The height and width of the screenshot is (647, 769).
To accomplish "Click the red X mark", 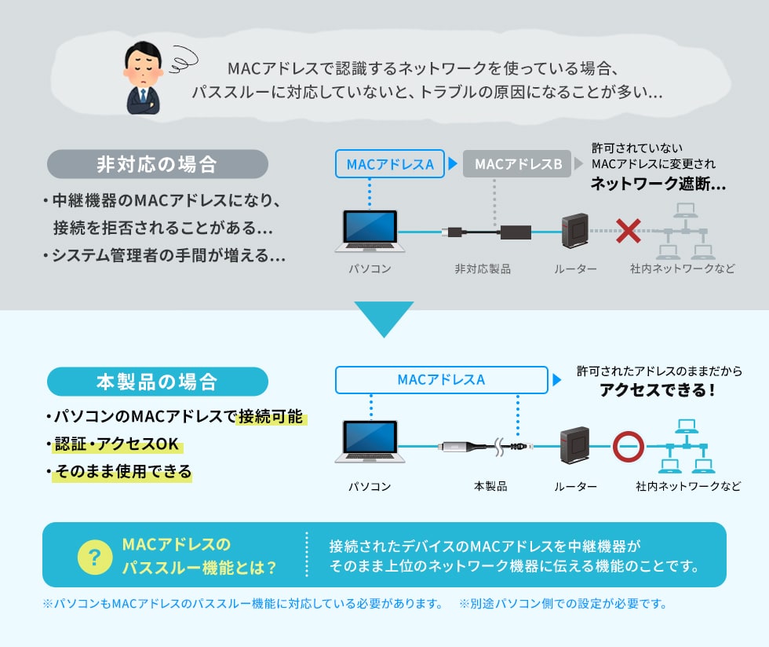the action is click(x=629, y=231).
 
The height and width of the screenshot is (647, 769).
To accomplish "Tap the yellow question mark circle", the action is click(x=95, y=557).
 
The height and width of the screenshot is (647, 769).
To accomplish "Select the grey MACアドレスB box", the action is click(x=517, y=163).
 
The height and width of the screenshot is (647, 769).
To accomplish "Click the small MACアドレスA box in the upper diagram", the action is click(x=390, y=163).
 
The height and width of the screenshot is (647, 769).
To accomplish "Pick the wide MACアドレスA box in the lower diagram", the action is click(x=441, y=379).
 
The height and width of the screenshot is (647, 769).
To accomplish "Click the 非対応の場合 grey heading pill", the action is click(x=158, y=164).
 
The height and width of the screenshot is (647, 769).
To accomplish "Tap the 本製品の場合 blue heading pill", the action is click(x=158, y=382).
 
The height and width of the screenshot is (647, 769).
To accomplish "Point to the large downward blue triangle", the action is click(x=384, y=318).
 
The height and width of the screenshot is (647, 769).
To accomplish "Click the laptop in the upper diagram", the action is click(x=370, y=231).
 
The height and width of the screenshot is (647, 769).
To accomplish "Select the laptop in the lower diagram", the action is click(x=370, y=441).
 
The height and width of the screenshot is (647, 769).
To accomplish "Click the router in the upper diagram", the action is click(x=575, y=231).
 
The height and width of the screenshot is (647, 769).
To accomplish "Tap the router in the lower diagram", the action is click(x=574, y=445).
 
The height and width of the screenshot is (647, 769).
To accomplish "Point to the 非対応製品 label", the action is click(x=483, y=269).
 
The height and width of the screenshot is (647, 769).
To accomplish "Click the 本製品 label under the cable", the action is click(x=490, y=486).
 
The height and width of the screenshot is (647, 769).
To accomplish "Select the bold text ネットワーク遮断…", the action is click(x=658, y=184).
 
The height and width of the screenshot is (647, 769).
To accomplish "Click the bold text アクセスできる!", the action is click(x=658, y=390).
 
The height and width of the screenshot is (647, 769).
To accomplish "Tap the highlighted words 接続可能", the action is click(x=271, y=416).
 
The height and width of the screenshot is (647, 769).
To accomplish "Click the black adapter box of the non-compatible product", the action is click(x=516, y=231).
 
